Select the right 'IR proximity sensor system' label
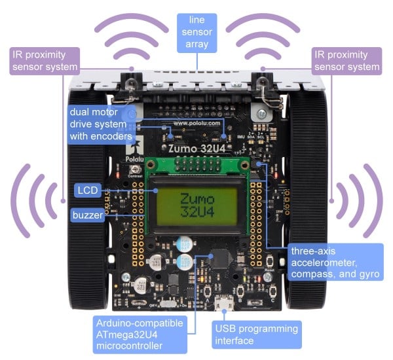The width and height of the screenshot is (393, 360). (x=348, y=59)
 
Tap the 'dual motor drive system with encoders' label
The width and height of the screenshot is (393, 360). (x=101, y=124)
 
